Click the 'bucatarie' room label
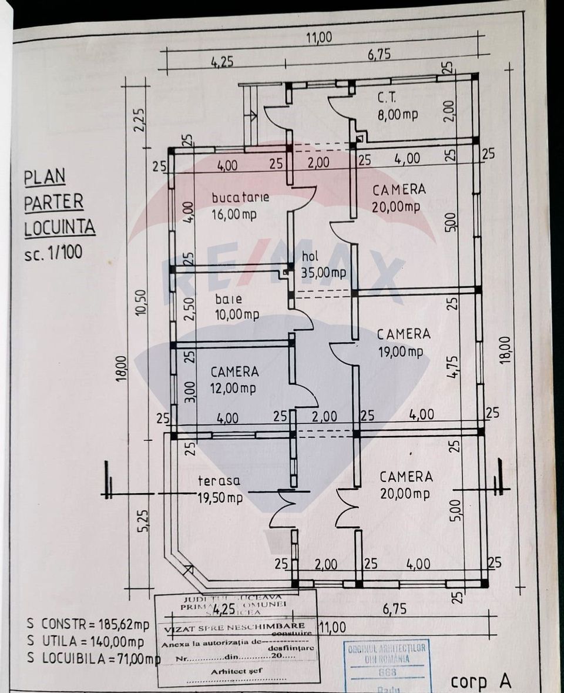tap(240, 196)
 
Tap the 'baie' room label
tap(228, 299)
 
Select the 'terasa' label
tap(219, 481)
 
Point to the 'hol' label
tap(310, 256)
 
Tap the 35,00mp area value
tap(323, 272)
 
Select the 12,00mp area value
tap(233, 388)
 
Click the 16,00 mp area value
tap(234, 215)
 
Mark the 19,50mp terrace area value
tap(220, 498)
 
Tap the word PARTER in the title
tap(54, 202)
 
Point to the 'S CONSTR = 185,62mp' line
tap(88, 622)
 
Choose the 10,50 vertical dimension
tap(140, 302)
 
